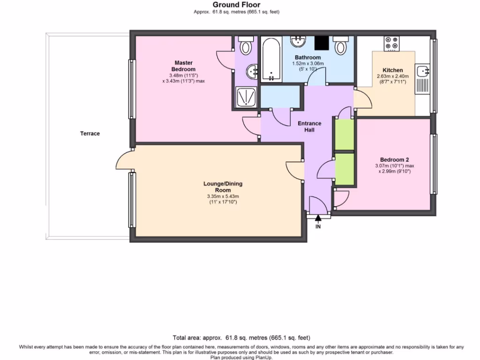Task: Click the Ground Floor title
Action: (x=236, y=5)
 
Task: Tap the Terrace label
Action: (x=90, y=134)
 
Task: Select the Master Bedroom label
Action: (x=183, y=66)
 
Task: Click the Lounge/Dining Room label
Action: (x=223, y=187)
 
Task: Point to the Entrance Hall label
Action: (x=309, y=127)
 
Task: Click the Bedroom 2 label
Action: (x=394, y=159)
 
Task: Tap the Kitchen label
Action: (x=393, y=70)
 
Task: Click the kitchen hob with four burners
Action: (x=392, y=44)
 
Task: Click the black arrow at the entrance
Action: (x=318, y=217)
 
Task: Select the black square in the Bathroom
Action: (x=322, y=43)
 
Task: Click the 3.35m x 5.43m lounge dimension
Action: (x=223, y=196)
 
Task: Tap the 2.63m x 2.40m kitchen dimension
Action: (x=393, y=76)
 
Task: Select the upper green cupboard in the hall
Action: (x=344, y=135)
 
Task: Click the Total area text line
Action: (x=241, y=337)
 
